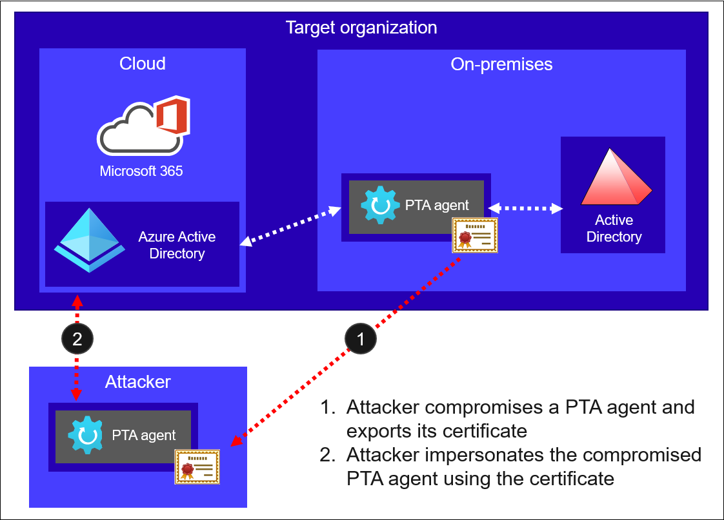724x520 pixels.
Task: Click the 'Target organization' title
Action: click(x=361, y=28)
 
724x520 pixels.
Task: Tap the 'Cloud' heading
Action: click(x=143, y=64)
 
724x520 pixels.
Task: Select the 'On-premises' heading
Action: click(x=501, y=64)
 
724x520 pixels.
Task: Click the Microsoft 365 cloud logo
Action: click(x=143, y=126)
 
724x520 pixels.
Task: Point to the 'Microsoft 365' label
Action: click(x=141, y=171)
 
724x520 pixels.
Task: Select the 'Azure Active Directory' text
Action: click(x=177, y=245)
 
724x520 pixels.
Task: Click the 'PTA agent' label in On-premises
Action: click(x=437, y=206)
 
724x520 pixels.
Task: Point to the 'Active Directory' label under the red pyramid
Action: click(x=614, y=229)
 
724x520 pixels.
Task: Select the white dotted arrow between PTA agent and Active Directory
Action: click(x=525, y=208)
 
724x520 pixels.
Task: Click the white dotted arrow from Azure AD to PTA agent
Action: click(x=290, y=225)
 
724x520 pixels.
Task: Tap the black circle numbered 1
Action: click(x=360, y=338)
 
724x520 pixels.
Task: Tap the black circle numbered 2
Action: click(x=77, y=338)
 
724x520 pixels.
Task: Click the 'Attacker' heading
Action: click(x=138, y=382)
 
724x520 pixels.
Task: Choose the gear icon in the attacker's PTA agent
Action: click(x=85, y=435)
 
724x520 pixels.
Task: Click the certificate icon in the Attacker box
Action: click(x=197, y=467)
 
